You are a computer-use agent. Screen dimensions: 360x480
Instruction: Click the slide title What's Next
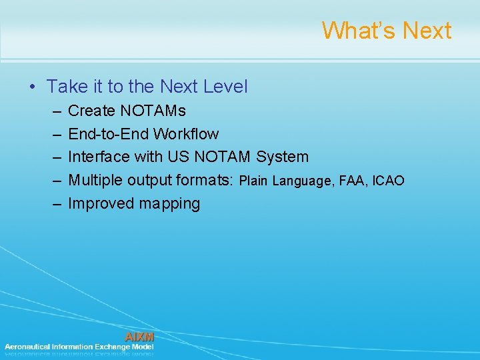click(x=386, y=31)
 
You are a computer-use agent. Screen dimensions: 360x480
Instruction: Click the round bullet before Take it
click(x=31, y=87)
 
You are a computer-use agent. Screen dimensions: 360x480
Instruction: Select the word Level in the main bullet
click(x=225, y=87)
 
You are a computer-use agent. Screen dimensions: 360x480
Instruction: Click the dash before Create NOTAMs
click(x=54, y=111)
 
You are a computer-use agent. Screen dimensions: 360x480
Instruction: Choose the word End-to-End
click(x=109, y=134)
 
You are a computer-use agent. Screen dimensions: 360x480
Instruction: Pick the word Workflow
click(x=185, y=134)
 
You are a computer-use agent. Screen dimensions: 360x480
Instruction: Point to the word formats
click(x=205, y=181)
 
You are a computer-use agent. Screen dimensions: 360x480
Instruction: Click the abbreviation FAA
click(x=353, y=181)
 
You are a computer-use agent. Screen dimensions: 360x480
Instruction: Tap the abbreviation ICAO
click(x=388, y=181)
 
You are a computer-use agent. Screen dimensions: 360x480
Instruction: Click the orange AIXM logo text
click(x=139, y=337)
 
